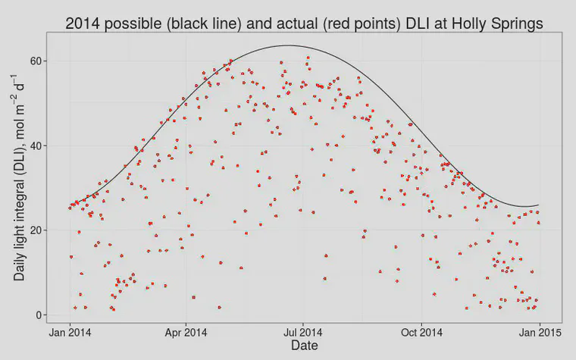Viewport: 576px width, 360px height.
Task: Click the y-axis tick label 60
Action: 36,61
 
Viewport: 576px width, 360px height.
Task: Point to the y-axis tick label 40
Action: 36,146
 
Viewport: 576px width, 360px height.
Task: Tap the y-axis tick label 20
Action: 36,230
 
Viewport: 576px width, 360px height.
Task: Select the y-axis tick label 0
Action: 39,315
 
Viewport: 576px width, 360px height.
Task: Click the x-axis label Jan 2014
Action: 70,333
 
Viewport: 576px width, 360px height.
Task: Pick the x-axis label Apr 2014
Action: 186,333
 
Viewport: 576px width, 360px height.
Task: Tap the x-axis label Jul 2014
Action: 303,333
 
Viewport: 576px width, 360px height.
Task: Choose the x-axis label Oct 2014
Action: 421,333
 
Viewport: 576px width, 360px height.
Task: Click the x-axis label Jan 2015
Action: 540,333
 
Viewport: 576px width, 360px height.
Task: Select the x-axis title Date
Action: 305,346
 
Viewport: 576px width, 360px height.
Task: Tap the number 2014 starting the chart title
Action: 83,23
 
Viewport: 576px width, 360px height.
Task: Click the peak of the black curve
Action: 288,45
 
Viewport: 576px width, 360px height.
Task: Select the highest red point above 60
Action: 308,58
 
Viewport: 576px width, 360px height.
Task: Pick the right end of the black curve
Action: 539,205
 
